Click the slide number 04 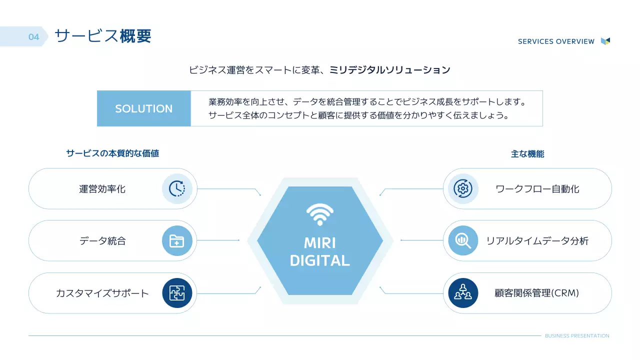tap(33, 37)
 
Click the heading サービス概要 tap(102, 36)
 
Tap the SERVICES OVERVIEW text tap(556, 41)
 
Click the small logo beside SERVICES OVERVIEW tap(605, 41)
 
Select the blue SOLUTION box tap(144, 108)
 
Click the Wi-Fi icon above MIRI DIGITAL tap(320, 214)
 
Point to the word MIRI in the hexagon tap(320, 243)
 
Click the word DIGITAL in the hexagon tap(320, 260)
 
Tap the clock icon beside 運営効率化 tap(177, 188)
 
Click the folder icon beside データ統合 tap(177, 241)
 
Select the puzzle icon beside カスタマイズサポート tap(177, 293)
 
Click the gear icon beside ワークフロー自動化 tap(463, 188)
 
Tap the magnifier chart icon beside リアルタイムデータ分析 tap(463, 241)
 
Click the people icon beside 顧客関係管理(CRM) tap(463, 293)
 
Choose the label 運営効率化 tap(102, 189)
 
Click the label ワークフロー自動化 tap(537, 189)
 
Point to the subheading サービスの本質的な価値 tap(112, 153)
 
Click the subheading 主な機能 tap(527, 154)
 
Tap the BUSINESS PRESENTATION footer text tap(577, 336)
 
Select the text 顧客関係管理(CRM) tap(536, 293)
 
